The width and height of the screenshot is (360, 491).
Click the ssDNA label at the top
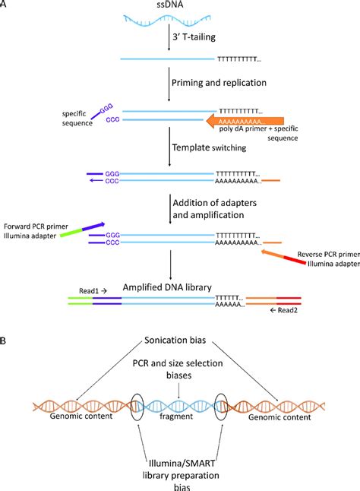(170, 5)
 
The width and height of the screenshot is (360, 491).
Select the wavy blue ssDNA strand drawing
(166, 21)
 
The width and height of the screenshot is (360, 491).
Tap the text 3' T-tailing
(194, 37)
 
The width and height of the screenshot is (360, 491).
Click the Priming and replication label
(219, 83)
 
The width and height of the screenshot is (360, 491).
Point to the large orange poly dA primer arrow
(245, 121)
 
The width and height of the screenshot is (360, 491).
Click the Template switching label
(210, 147)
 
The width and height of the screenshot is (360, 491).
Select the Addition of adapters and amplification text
(215, 209)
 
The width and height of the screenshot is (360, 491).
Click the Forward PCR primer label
(36, 226)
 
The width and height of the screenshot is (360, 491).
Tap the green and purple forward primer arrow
(82, 230)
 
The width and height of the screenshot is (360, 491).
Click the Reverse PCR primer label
(328, 255)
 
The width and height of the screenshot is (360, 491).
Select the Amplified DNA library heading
(167, 287)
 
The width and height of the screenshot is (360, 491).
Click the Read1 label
(93, 291)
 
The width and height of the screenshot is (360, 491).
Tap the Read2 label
(283, 310)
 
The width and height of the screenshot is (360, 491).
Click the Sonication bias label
(175, 340)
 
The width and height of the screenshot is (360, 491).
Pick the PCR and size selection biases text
(178, 369)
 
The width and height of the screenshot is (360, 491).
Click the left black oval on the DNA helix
(137, 407)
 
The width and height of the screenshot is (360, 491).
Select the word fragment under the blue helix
(176, 417)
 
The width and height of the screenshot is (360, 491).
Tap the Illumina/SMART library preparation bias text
(181, 475)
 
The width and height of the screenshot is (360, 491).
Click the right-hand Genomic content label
(279, 417)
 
